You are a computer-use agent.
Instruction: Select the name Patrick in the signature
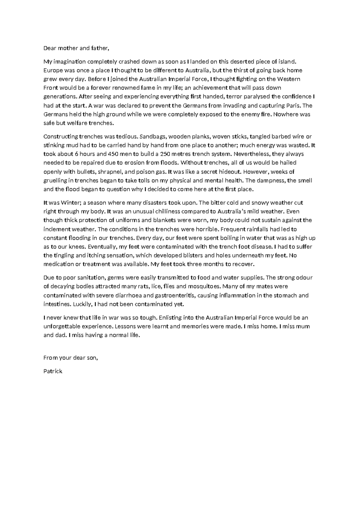(53, 371)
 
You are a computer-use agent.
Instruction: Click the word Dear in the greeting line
(50, 48)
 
